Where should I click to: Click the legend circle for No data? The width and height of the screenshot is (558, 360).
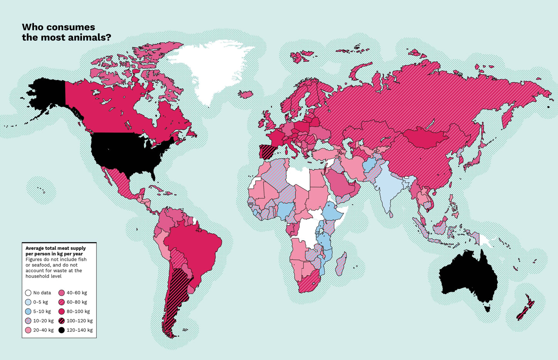(x=28, y=293)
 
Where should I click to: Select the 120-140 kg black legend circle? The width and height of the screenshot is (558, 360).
(x=61, y=330)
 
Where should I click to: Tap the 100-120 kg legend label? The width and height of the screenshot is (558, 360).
(x=80, y=321)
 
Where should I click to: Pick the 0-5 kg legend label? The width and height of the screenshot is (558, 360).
(x=41, y=302)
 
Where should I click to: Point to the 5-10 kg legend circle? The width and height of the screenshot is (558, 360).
(x=28, y=311)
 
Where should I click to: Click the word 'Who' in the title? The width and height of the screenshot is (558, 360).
(x=31, y=27)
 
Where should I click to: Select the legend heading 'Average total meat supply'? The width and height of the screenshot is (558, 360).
(x=56, y=248)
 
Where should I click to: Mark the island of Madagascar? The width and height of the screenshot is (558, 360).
(x=341, y=265)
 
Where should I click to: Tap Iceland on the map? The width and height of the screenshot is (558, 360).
(x=245, y=94)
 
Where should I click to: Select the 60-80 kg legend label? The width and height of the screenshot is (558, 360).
(x=77, y=302)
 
